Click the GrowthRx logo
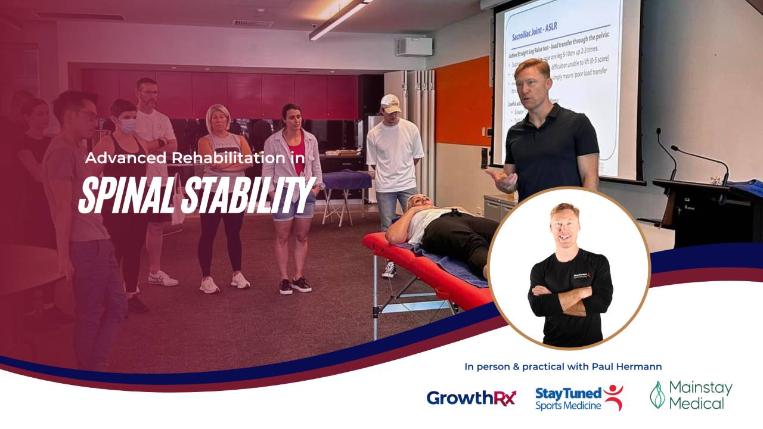tap(471, 397)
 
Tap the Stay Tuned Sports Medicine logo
tap(579, 398)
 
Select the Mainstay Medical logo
tap(691, 395)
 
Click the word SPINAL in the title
tap(123, 194)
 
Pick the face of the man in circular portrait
tap(564, 225)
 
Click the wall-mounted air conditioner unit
tap(414, 46)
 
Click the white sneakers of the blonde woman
tap(224, 282)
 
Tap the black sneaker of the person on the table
tap(389, 269)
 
